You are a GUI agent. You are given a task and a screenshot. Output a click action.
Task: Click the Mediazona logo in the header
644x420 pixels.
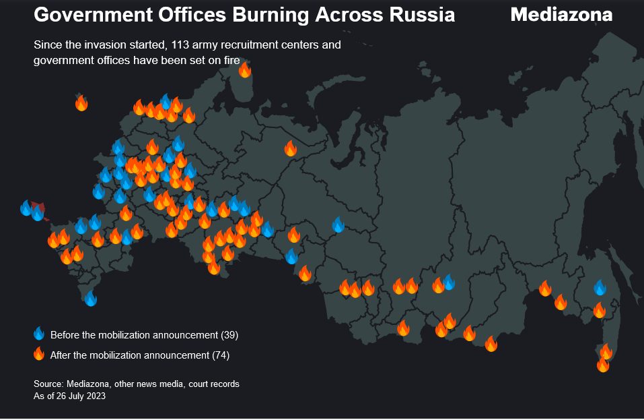(561, 14)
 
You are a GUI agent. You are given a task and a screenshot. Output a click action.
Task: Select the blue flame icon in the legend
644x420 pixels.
(39, 334)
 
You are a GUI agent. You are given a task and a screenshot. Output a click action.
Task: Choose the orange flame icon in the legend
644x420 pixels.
(39, 354)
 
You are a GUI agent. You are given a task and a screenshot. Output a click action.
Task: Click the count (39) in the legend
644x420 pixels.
(229, 335)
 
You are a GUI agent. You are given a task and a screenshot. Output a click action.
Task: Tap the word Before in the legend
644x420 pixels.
(64, 335)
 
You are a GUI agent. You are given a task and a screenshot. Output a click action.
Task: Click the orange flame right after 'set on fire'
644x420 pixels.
(245, 69)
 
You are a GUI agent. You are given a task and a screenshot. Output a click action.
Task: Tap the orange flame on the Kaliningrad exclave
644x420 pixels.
(81, 103)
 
